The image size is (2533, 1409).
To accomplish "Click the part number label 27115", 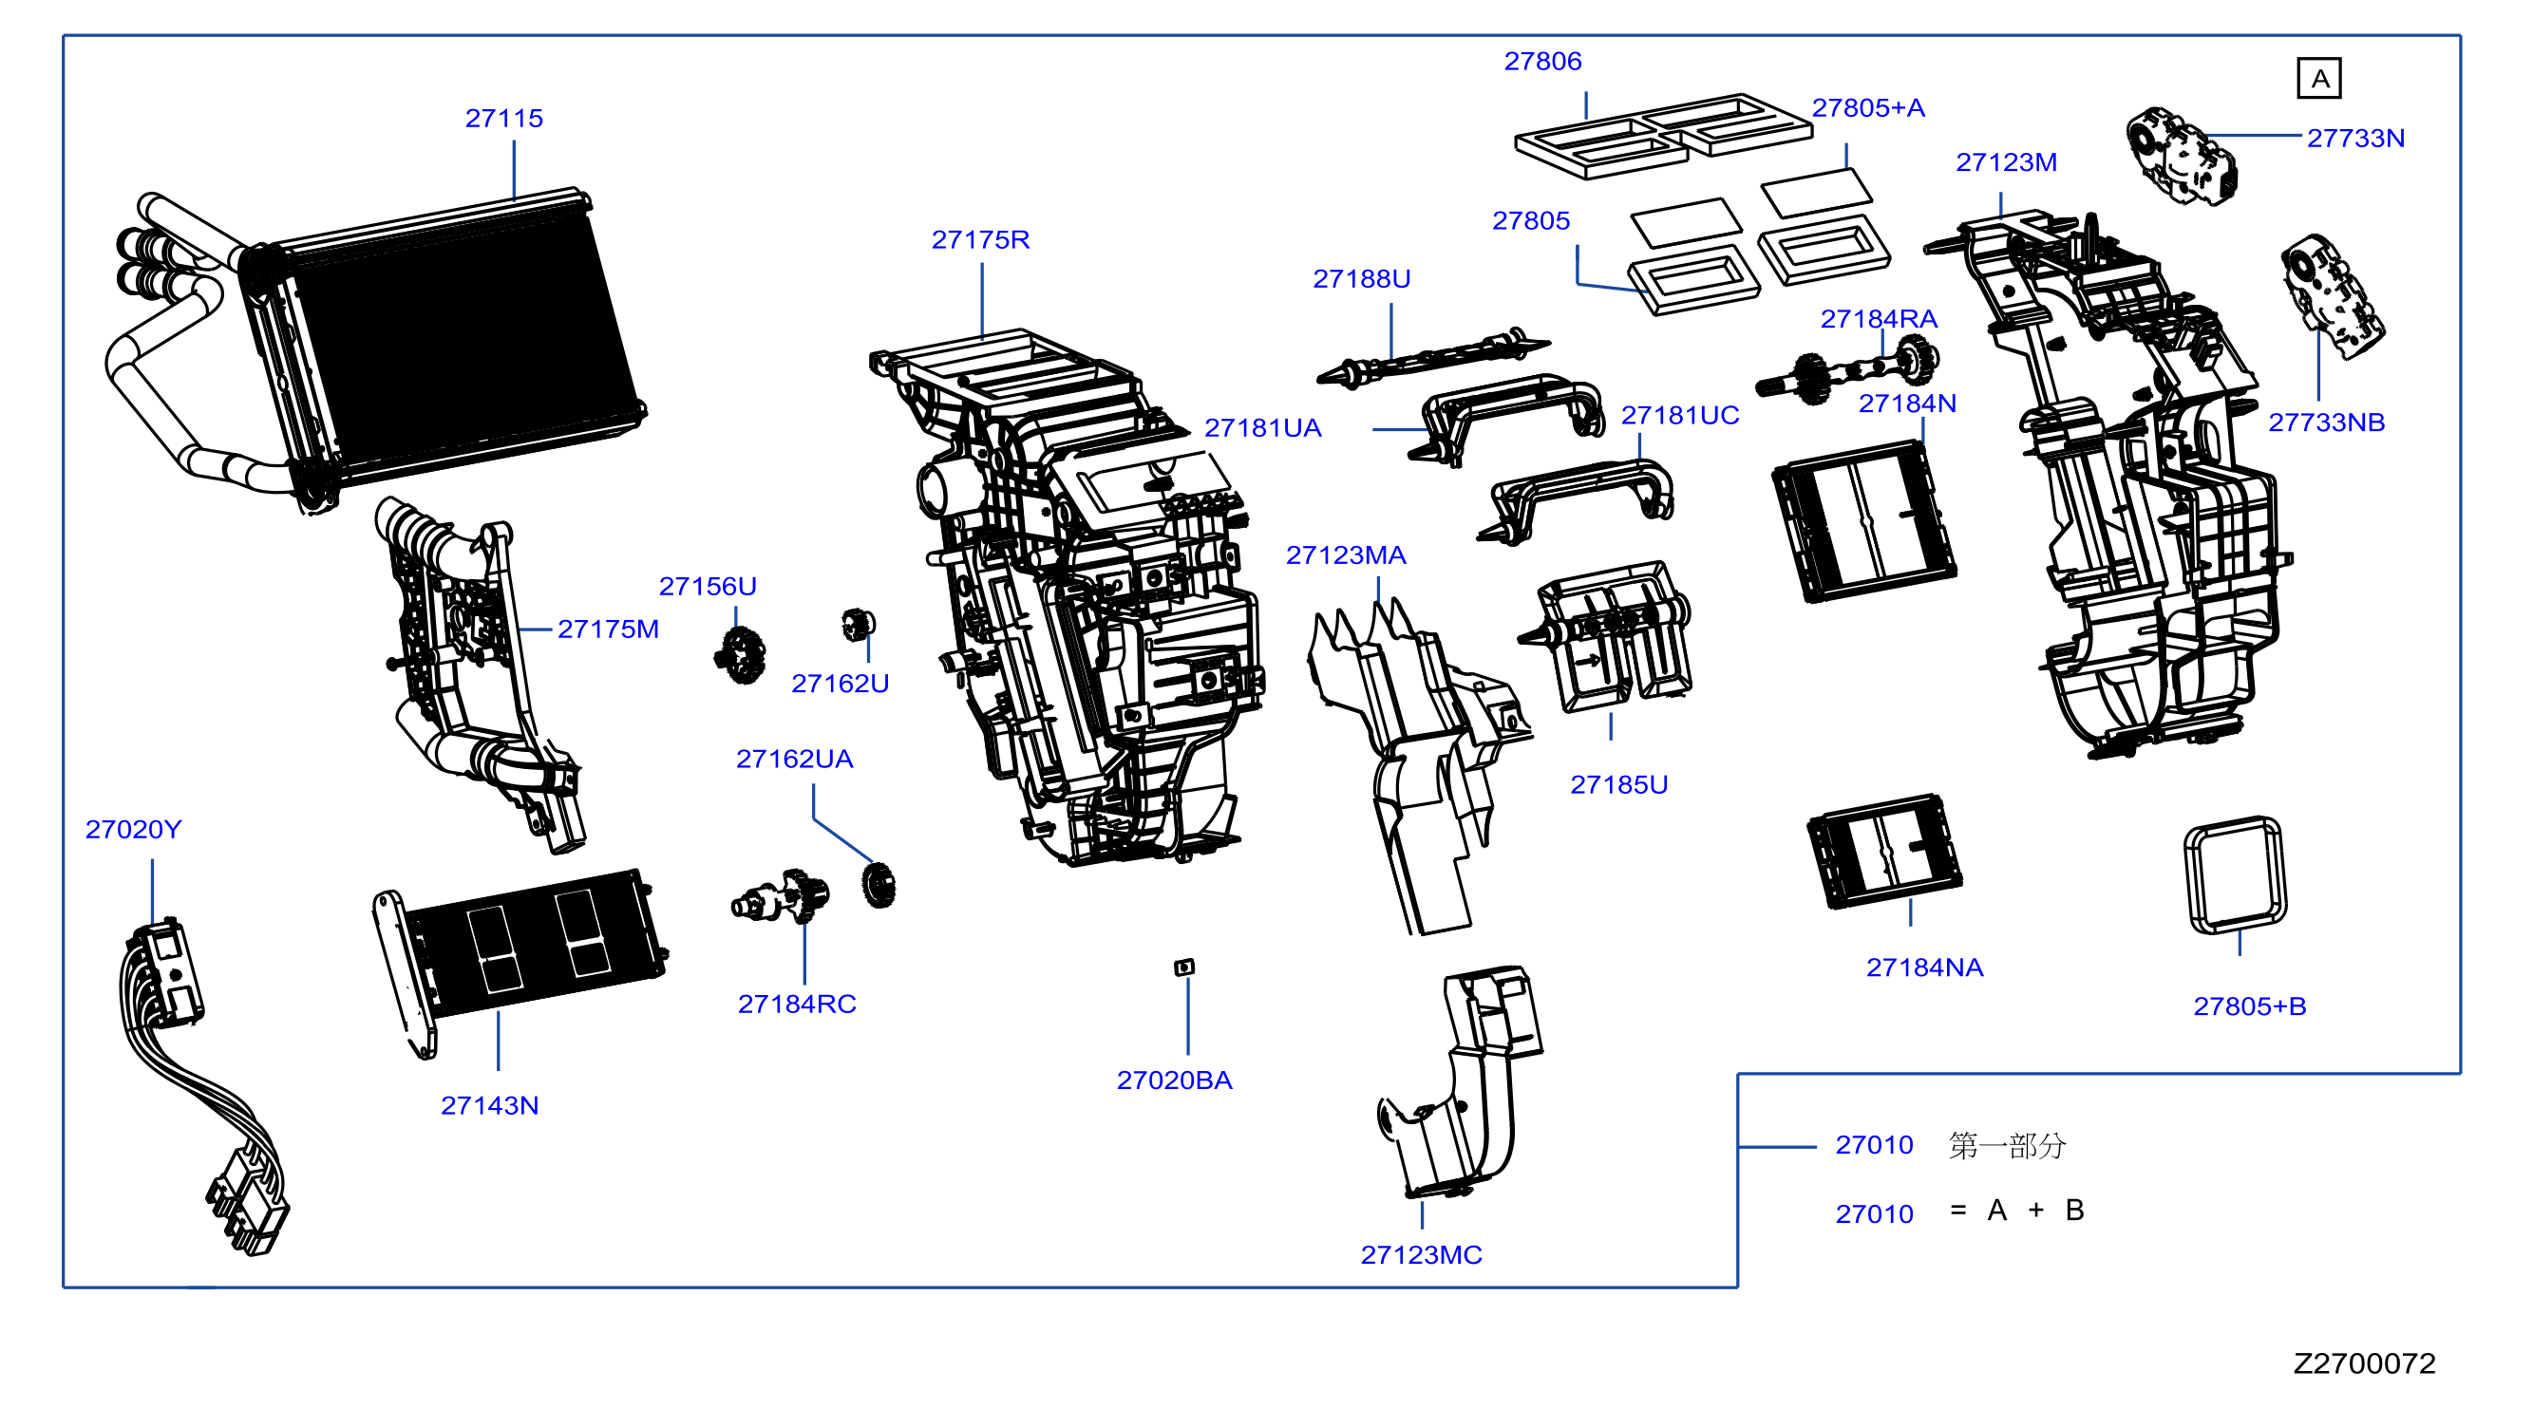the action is (x=503, y=118).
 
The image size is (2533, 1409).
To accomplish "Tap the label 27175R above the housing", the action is (x=980, y=239).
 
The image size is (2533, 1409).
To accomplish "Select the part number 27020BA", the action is (x=1174, y=1080).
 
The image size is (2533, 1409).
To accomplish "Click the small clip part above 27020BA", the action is (x=1185, y=968).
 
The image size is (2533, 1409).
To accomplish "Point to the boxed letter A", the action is (x=2319, y=79).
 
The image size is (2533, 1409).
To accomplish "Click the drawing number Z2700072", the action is (x=2364, y=1362).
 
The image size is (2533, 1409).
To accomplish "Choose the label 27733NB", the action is (x=2327, y=422).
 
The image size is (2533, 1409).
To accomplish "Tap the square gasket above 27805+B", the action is (x=2235, y=874).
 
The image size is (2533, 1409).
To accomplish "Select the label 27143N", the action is (x=490, y=1105).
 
